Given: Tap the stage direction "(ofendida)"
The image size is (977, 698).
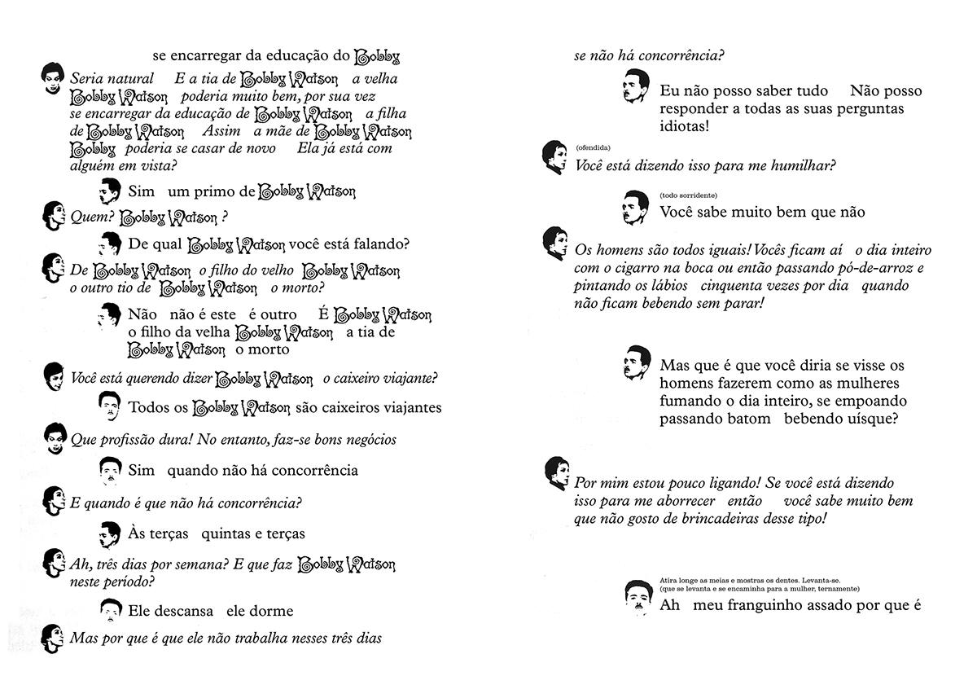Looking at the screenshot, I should tap(592, 147).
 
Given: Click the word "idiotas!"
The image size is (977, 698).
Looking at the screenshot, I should tap(685, 127).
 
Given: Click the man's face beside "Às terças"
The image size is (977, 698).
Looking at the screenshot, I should tap(109, 533).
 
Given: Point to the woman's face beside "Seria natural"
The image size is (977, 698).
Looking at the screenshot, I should tap(51, 77).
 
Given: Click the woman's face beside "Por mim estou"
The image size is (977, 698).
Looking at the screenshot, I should tap(556, 472).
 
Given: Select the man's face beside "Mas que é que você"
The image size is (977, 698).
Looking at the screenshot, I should tap(637, 362).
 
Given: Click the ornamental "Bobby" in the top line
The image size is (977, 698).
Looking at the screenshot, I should tap(378, 57).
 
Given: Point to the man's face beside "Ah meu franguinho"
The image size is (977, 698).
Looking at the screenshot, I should tap(637, 597).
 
